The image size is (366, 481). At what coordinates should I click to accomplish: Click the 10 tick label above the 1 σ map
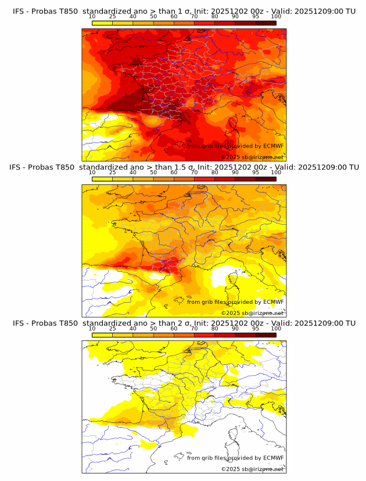92,17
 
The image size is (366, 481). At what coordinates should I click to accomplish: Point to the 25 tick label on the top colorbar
113,17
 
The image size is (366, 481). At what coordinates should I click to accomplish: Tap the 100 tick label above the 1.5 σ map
276,173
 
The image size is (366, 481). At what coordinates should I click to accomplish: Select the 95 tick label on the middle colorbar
256,173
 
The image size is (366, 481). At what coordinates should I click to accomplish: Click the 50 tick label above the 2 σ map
153,329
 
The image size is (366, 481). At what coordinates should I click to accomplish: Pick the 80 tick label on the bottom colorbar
215,329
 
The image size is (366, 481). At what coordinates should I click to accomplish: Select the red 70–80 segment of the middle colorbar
204,179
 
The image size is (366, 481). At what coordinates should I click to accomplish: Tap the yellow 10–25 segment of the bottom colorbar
102,335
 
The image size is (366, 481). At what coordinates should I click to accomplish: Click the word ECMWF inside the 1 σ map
273,146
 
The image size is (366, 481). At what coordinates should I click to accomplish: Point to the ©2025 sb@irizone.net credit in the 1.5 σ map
252,313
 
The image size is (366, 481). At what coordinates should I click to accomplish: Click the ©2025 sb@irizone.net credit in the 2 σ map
252,469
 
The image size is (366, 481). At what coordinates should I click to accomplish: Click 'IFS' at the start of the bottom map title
18,323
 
